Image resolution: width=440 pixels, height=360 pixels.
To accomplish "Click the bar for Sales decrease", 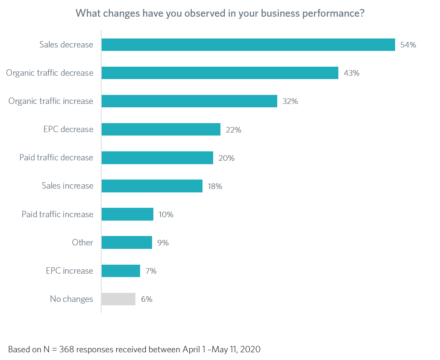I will click(248, 45).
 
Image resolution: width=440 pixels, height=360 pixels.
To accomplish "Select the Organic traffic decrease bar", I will click(220, 73).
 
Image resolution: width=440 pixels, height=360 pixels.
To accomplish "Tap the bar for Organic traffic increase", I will click(189, 101).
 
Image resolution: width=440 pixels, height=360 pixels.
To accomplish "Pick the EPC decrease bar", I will click(161, 130).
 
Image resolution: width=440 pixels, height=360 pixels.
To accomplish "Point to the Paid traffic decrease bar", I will click(157, 158).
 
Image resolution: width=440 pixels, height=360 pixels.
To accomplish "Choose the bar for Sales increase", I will click(152, 186).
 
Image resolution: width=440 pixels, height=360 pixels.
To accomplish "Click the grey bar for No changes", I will click(118, 299).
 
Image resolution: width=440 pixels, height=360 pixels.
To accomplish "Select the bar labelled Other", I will click(126, 242).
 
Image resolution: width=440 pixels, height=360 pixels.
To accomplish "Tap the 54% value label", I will click(408, 45).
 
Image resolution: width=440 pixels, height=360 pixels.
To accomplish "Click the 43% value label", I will click(352, 73).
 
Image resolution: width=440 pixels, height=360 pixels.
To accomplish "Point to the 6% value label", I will click(147, 299).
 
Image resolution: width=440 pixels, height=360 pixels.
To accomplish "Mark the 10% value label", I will click(165, 214).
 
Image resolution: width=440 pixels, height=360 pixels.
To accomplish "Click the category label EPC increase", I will click(69, 271).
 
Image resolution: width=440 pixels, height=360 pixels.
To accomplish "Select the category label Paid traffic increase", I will click(57, 214).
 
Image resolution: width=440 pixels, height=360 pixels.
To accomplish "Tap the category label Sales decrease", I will click(66, 44).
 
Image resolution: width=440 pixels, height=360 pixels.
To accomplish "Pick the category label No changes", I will click(71, 299).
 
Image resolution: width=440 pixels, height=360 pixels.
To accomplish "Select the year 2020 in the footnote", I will click(250, 349).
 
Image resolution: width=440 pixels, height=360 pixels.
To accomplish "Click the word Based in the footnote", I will click(18, 349).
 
